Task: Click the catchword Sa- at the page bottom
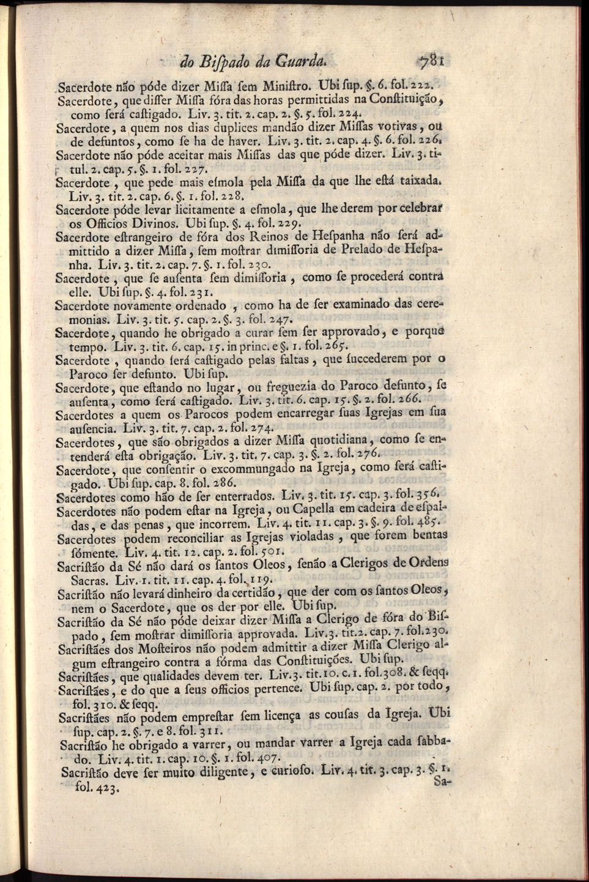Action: [440, 781]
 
